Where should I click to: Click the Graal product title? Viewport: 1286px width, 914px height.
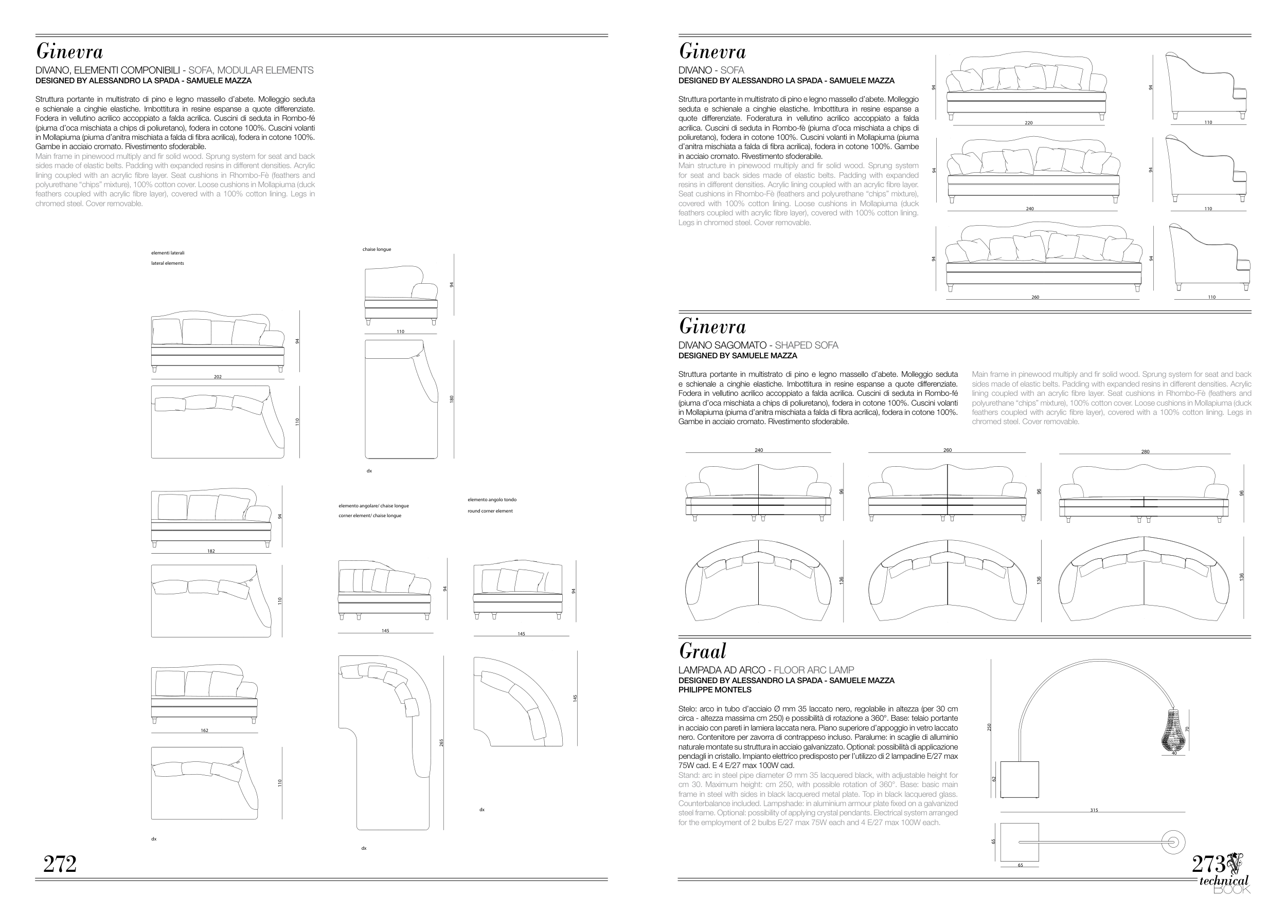point(702,651)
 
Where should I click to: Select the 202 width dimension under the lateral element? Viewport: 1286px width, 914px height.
point(218,376)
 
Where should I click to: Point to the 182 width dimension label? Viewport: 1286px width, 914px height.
point(210,551)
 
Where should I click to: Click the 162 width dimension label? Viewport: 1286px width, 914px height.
point(204,730)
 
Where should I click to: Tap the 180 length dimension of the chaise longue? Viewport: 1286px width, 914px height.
point(452,398)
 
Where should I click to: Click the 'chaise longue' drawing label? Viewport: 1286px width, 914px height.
point(377,249)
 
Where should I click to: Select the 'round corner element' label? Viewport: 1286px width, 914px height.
point(490,511)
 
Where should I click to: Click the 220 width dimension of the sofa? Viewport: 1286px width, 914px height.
point(1028,123)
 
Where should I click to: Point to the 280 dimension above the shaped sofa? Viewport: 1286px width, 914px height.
point(1145,451)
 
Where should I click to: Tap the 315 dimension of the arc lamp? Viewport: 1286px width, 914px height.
point(1094,810)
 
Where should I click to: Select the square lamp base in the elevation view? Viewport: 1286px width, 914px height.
point(1019,779)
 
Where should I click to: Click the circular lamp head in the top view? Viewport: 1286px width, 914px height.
point(1173,843)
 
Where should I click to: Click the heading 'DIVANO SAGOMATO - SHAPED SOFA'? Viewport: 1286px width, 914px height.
point(758,345)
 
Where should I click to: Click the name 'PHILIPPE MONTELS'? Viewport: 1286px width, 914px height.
point(715,689)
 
